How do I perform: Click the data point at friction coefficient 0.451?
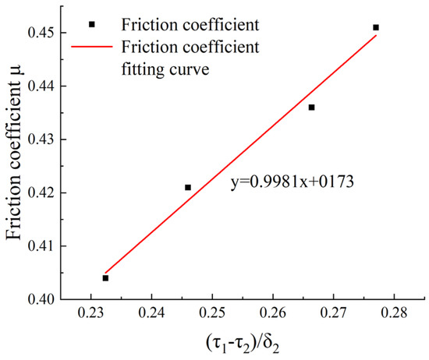(x=376, y=27)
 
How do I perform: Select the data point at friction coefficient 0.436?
(x=312, y=108)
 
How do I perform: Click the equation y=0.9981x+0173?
(x=292, y=185)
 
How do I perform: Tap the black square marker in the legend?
(x=92, y=24)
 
